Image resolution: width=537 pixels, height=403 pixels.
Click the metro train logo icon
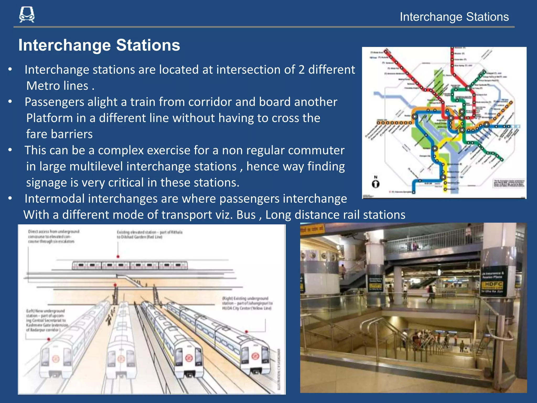[27, 15]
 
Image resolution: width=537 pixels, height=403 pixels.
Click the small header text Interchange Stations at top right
[454, 17]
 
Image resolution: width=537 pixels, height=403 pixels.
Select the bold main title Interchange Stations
[99, 45]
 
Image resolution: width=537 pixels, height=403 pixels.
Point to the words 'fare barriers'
[60, 134]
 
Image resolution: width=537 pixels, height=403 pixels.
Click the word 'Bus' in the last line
[246, 215]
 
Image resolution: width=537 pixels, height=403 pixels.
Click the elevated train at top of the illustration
[130, 265]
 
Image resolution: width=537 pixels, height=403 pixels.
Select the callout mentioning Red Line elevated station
[149, 235]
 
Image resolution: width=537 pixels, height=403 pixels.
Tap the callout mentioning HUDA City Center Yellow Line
[247, 303]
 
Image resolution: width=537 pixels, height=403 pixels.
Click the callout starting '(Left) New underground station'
[47, 320]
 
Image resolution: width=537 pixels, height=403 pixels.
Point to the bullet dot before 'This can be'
[10, 150]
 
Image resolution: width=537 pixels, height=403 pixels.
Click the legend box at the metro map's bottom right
[509, 183]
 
